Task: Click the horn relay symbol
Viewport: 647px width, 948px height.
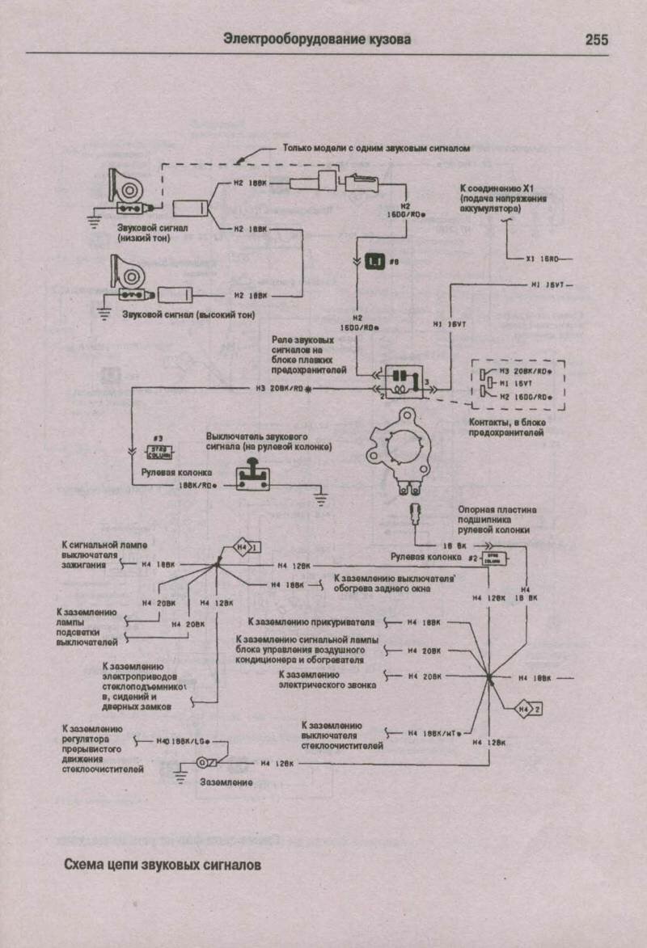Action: (x=401, y=381)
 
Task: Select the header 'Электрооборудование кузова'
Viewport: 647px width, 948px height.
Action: (x=317, y=39)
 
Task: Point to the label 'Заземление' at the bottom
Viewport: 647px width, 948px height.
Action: (x=227, y=782)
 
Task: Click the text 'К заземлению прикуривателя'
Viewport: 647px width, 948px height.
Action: (x=315, y=622)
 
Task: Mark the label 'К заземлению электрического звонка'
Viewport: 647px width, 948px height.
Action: (x=319, y=679)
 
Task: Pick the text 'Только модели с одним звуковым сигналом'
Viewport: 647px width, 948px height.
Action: (x=376, y=149)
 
